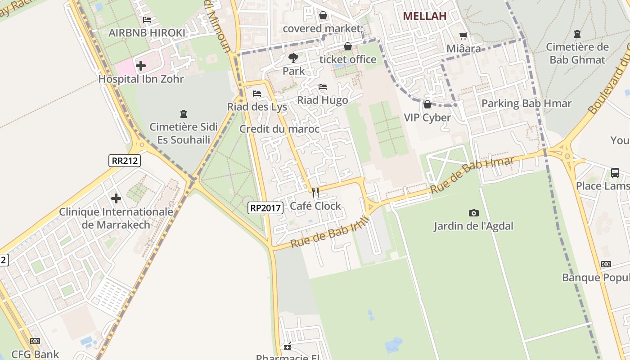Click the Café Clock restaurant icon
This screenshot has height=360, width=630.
pos(315,193)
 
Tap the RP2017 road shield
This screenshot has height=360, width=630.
pos(265,208)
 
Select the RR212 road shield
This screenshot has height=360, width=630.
pos(124,161)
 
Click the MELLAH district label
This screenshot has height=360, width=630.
pos(424,16)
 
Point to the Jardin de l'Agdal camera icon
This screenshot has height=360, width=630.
pos(473,213)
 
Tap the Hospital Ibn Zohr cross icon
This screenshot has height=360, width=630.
pos(141,66)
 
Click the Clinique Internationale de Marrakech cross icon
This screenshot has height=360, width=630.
pos(116,198)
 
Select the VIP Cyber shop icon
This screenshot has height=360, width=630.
pos(427,104)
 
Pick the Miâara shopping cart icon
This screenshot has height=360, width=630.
pos(463,36)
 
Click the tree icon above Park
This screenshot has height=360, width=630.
pos(293,58)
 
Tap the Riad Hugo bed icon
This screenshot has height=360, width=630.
pos(322,87)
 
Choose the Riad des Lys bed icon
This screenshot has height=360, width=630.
pos(257,94)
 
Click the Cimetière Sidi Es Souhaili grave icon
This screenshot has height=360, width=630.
pos(183,113)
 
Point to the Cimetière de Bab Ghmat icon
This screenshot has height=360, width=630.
pos(577,34)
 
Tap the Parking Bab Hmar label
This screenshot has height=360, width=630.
pos(526,103)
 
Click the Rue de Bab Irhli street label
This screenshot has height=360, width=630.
pos(330,232)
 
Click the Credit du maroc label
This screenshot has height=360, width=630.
pos(279,129)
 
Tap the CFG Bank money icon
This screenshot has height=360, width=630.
pos(35,341)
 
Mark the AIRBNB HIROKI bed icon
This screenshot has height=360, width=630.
pos(147,20)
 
